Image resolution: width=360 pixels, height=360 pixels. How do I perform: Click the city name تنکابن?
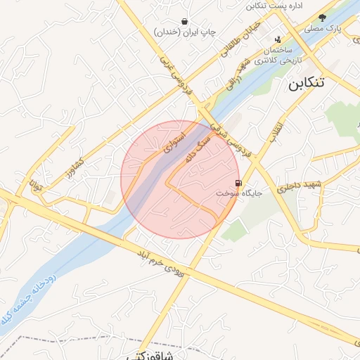pos(306,82)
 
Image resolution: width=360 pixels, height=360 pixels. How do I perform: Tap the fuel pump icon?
pos(240,184)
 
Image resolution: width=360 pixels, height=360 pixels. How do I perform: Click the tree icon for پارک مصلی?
pos(323,18)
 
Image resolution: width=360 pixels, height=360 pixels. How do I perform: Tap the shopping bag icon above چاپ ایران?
pos(184,22)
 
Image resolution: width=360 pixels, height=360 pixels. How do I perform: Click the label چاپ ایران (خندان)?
pos(184,32)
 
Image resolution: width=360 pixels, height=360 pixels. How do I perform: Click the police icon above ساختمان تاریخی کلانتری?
pos(278,39)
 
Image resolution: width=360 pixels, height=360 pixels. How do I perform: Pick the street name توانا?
pos(36,186)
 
